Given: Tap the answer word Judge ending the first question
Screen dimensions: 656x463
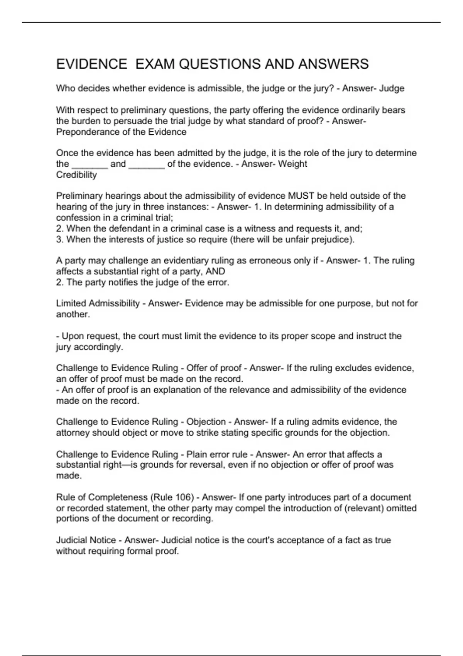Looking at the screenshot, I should pos(392,88).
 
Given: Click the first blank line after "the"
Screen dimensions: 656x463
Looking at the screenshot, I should pos(90,164).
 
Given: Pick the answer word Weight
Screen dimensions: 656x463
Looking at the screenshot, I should pos(292,164).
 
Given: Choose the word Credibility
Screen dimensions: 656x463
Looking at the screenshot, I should pos(76,175).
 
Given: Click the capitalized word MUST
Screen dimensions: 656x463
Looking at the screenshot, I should pos(301,196).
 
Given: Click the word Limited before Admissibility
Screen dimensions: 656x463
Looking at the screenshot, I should pos(71,304).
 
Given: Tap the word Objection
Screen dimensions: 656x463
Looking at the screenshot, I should pos(206,422).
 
